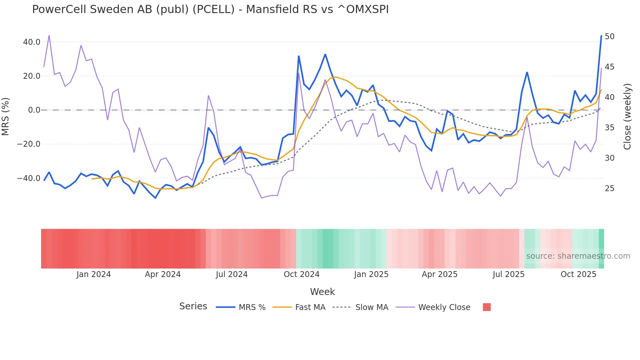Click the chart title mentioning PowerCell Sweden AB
(210, 9)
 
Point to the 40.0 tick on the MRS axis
(32, 42)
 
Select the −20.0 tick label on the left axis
(29, 144)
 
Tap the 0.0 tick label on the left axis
(34, 110)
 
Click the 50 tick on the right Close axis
(609, 37)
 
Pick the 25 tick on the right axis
(609, 188)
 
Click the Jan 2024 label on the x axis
(94, 274)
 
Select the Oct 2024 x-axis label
(301, 274)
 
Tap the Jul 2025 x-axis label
(508, 274)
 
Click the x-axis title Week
(322, 292)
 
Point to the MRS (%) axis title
(6, 117)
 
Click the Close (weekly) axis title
(627, 117)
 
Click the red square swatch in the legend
(487, 307)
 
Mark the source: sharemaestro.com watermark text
(578, 256)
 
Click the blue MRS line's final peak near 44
(601, 36)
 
